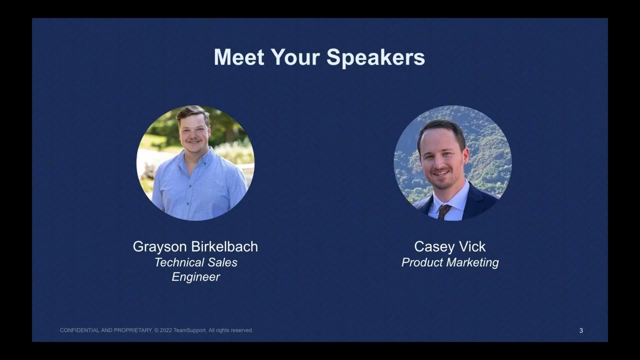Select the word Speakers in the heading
tap(375, 57)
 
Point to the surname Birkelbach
tap(224, 246)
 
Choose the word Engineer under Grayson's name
tap(195, 277)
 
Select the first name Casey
tap(433, 247)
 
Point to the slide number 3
tap(581, 330)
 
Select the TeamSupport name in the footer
tap(189, 330)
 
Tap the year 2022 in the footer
tap(165, 330)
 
